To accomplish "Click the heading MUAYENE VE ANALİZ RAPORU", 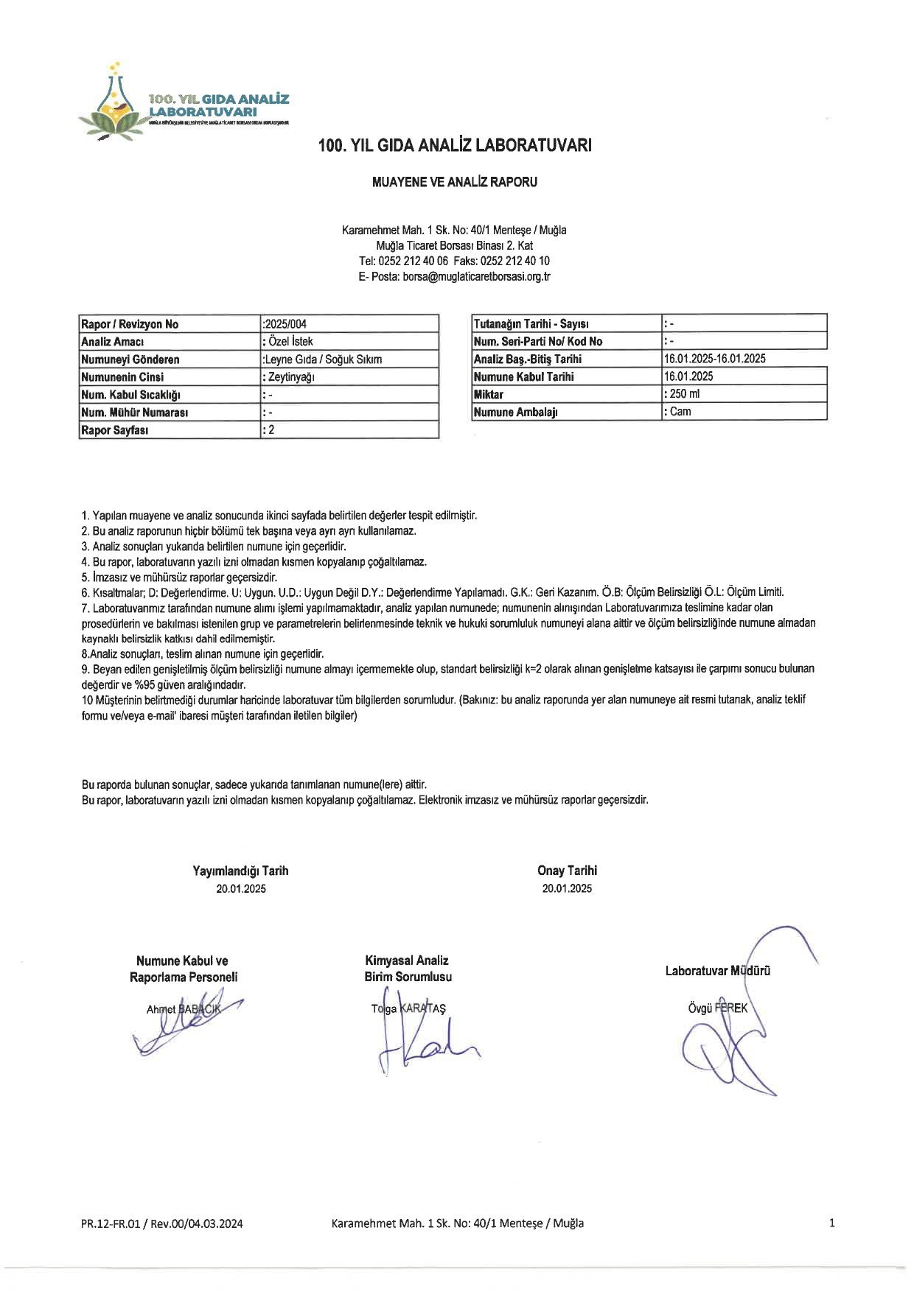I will point(455,182).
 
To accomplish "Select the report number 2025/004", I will point(285,324).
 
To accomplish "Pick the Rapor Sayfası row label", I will point(115,430).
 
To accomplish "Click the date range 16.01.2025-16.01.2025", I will point(714,359).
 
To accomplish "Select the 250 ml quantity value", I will point(682,394).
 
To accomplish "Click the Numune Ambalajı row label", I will point(515,412).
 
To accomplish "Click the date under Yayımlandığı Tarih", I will point(241,888).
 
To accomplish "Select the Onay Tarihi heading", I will point(567,871).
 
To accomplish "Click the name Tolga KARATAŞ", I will point(408,1008).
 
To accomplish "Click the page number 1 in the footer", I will point(831,1223).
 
